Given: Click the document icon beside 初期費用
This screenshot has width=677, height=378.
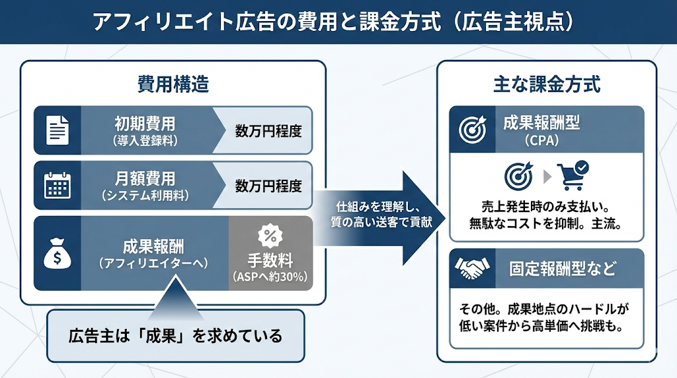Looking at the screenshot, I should [x=57, y=130].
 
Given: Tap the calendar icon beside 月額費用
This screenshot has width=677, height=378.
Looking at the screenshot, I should [x=57, y=185].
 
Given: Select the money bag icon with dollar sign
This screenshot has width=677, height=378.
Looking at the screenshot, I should [x=57, y=253].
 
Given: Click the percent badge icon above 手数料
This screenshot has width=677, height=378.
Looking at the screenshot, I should [x=270, y=235].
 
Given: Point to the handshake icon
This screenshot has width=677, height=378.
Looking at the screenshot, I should [x=473, y=268].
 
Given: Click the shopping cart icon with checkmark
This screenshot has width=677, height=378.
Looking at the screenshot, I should [x=573, y=175].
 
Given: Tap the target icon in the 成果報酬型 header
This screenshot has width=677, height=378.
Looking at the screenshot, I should [x=473, y=130].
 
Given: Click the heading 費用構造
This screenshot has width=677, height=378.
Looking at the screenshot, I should [x=173, y=85].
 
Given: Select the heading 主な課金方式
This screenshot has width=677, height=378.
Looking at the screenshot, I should [x=547, y=85].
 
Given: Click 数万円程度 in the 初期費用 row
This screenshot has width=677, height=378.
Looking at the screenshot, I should [x=268, y=131].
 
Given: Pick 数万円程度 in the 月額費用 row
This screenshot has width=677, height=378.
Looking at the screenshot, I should [x=268, y=186].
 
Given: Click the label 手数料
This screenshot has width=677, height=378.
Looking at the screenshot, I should [x=270, y=258].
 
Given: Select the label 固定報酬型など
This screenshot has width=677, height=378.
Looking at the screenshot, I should [x=563, y=269].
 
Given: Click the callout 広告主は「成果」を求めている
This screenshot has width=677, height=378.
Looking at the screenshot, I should [x=175, y=336].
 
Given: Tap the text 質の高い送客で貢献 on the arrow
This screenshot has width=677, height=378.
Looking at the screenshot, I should [x=381, y=223].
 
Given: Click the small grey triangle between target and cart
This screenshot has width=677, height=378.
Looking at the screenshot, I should [x=545, y=176].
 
